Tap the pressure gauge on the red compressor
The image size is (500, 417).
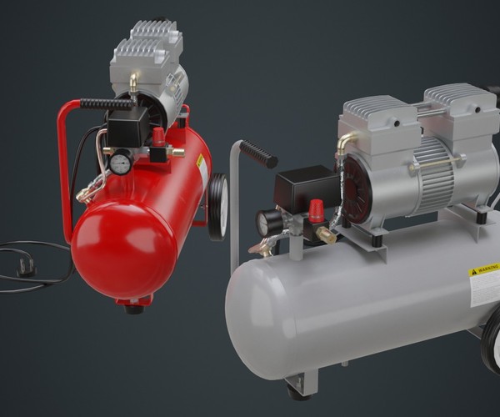point(120,163)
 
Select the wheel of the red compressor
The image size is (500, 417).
point(218,205)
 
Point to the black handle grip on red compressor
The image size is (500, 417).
point(106,104)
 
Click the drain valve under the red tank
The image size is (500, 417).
point(133,309)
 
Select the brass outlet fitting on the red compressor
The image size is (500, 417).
point(176,152)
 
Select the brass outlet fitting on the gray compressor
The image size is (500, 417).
point(326,237)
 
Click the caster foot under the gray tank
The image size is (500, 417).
point(295,388)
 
